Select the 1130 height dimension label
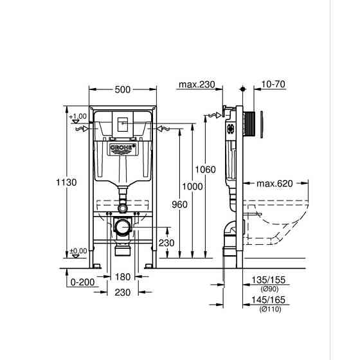pos(66,183)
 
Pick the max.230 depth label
pos(196,84)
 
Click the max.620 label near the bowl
pos(274,183)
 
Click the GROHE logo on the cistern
pos(122,148)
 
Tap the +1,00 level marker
pos(78,116)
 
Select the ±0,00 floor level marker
pos(78,251)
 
